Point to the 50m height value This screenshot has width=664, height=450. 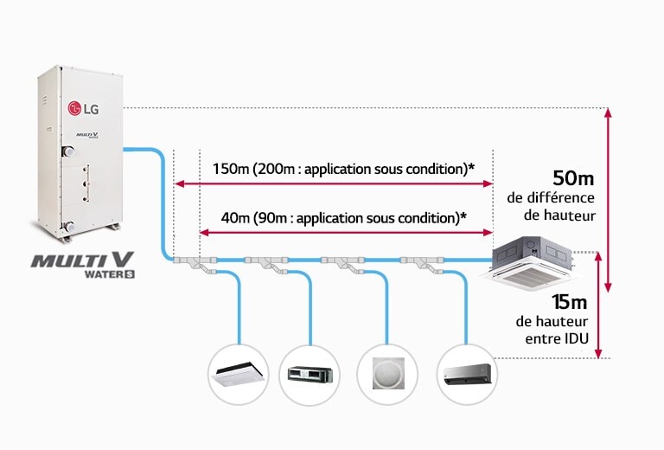573,179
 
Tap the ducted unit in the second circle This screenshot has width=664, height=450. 312,375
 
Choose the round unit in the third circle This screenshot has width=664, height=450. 386,375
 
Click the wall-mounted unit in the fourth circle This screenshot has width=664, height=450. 467,375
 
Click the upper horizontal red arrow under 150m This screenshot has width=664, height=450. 333,183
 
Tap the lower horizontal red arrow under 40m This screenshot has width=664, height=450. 346,232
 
